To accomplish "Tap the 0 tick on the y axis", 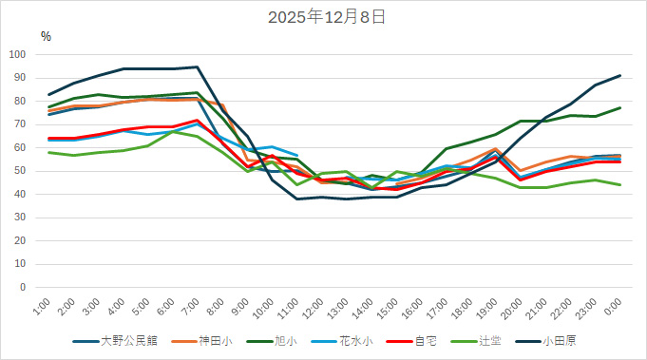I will [27, 288].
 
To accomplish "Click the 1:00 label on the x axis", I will [41, 308].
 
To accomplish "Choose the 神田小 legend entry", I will [212, 341].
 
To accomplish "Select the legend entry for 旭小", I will [285, 341].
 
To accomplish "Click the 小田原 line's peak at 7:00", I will [197, 66].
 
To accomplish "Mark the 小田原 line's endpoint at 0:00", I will [620, 75].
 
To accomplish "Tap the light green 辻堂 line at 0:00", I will [620, 185].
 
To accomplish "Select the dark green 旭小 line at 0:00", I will [620, 107].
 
